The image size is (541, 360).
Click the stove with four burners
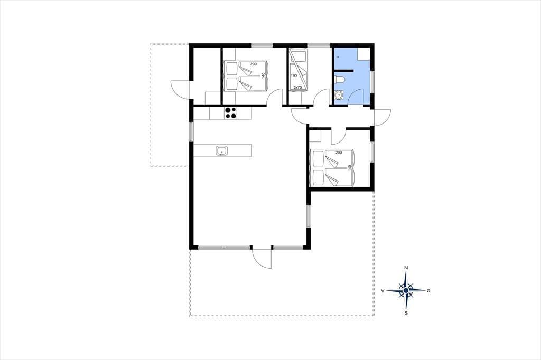point(231,113)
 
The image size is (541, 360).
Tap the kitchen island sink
point(221,150)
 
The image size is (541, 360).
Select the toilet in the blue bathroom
point(339,79)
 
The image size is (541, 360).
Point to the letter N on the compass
point(406,268)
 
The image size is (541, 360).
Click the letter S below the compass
point(406,313)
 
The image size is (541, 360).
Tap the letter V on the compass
point(383,291)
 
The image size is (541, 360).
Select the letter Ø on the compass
point(428,291)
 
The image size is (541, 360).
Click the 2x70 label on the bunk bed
point(297,88)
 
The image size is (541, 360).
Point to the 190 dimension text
point(294,75)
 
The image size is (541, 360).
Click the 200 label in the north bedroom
point(254,64)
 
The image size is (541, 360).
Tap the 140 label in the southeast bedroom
point(350,168)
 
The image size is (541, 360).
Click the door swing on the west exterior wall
point(181,89)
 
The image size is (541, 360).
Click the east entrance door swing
point(382,118)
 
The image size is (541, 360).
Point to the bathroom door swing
point(356,96)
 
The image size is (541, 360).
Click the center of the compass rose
point(406,291)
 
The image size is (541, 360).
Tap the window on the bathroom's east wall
point(372,81)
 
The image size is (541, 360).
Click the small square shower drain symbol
point(338,56)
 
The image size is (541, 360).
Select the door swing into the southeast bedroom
point(339,136)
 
